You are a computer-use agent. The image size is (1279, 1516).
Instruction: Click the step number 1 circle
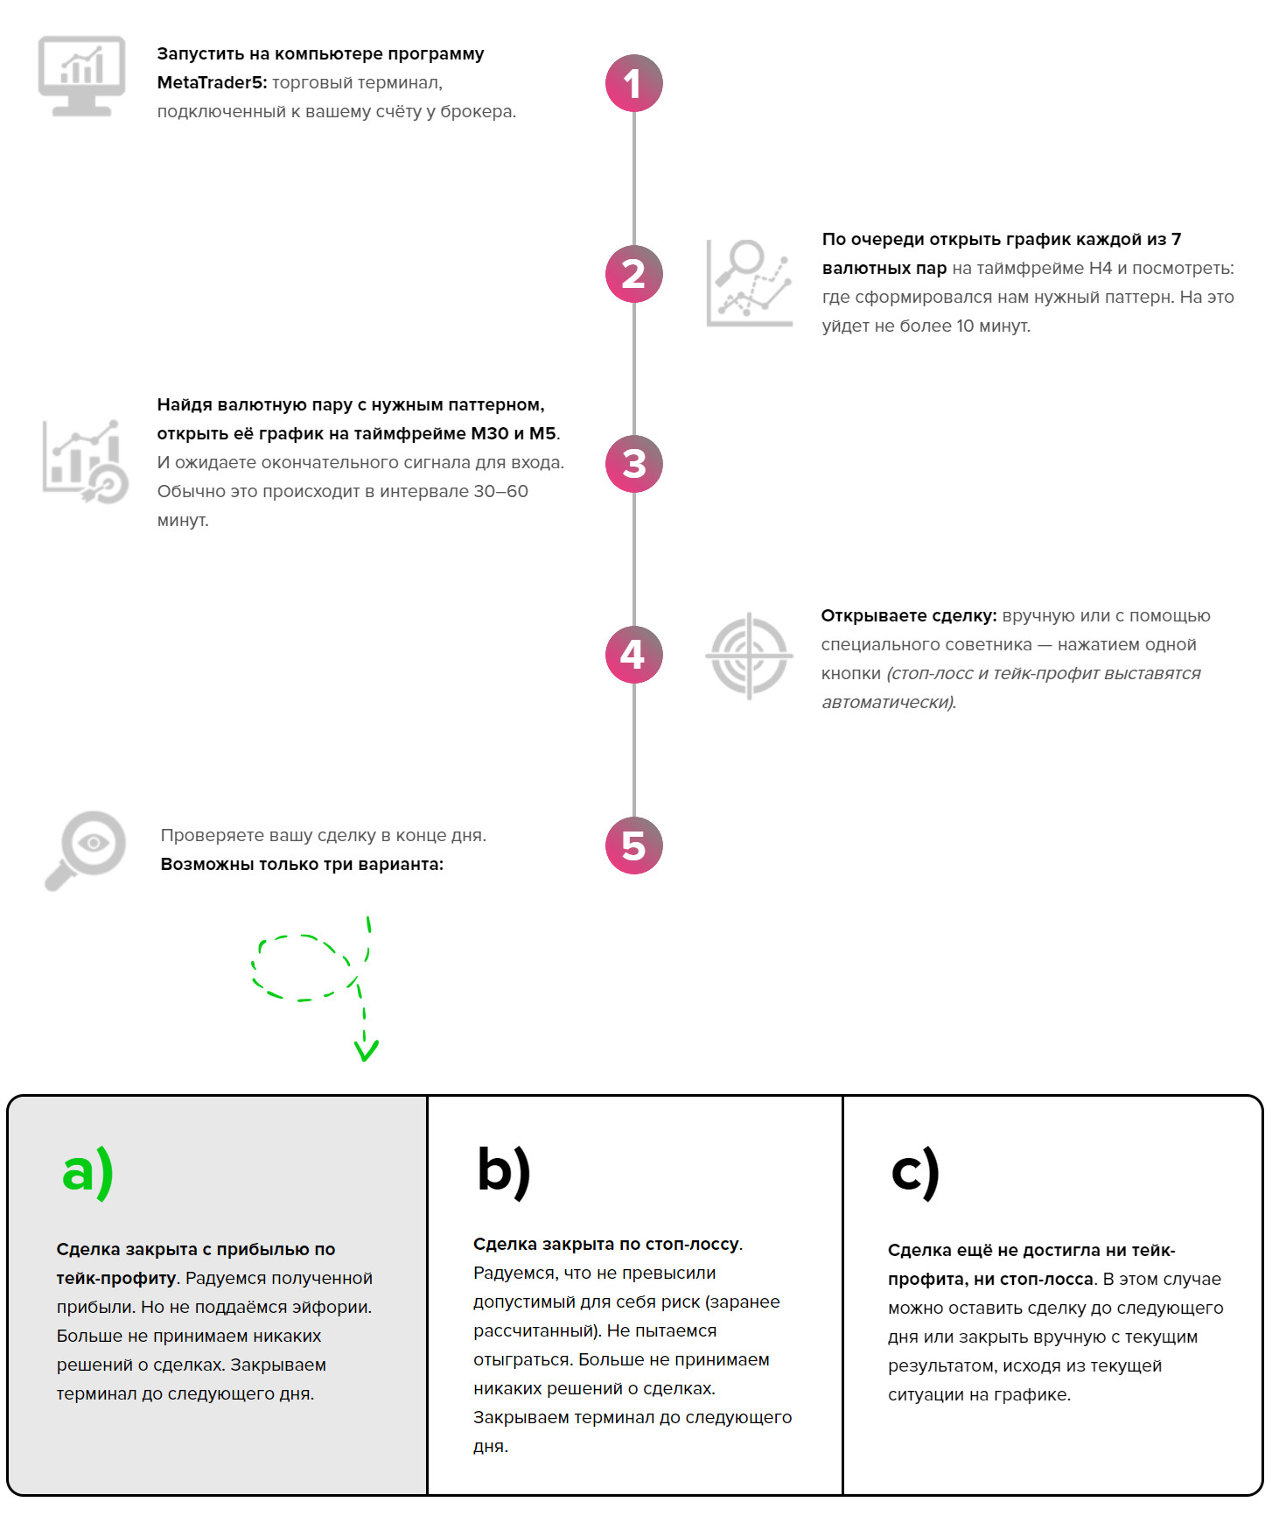pyautogui.click(x=633, y=83)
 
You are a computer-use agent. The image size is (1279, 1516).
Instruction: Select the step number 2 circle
pyautogui.click(x=633, y=274)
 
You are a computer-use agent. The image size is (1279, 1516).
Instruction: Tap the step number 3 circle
pyautogui.click(x=633, y=464)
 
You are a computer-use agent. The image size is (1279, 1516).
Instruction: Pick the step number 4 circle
pyautogui.click(x=633, y=655)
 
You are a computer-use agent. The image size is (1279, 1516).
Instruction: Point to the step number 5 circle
pyautogui.click(x=633, y=846)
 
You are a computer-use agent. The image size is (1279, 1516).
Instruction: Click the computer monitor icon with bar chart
pyautogui.click(x=82, y=75)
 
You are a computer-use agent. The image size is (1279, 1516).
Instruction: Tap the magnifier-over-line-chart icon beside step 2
pyautogui.click(x=750, y=282)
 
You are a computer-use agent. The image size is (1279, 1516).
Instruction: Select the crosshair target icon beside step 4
pyautogui.click(x=749, y=656)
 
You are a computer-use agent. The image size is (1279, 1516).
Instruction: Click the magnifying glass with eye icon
pyautogui.click(x=86, y=849)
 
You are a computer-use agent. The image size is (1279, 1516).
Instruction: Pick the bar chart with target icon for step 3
pyautogui.click(x=85, y=461)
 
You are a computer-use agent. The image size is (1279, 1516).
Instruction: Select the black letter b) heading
pyautogui.click(x=504, y=1170)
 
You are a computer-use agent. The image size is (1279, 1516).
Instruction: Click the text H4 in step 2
pyautogui.click(x=1100, y=268)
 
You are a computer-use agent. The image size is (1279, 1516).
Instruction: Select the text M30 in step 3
pyautogui.click(x=489, y=433)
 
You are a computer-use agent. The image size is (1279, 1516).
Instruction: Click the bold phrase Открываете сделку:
pyautogui.click(x=908, y=615)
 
